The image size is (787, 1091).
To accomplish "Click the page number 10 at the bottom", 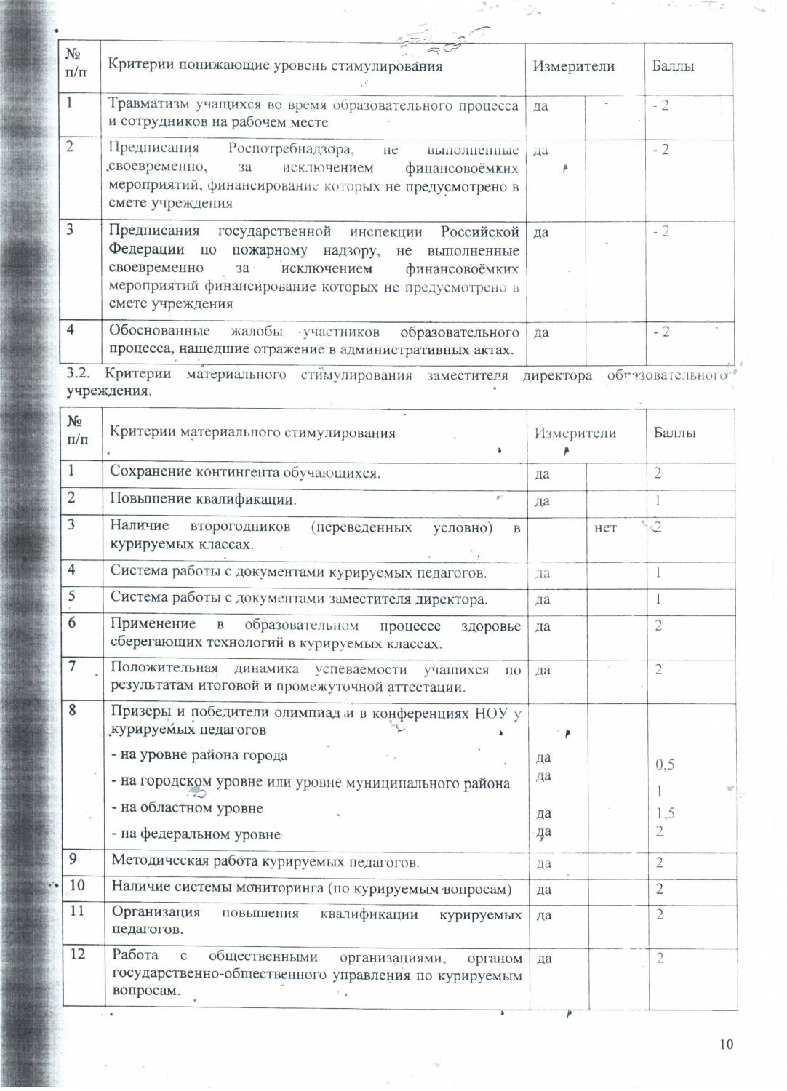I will (726, 1044).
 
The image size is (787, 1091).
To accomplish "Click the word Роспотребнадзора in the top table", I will (291, 150).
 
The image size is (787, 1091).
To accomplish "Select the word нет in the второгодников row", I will (605, 528).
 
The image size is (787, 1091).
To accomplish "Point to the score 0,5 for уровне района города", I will (665, 764).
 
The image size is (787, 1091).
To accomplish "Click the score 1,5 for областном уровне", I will (665, 813).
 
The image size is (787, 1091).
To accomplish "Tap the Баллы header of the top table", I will (673, 66).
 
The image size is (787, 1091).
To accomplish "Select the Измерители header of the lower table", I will (575, 433).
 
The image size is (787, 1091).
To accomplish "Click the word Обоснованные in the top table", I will (159, 332).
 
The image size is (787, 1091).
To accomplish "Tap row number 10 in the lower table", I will (77, 885).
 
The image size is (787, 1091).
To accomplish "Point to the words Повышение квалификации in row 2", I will (202, 500).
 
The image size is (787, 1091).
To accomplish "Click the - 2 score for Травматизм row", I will (660, 105).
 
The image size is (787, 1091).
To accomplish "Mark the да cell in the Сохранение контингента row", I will (542, 474).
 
